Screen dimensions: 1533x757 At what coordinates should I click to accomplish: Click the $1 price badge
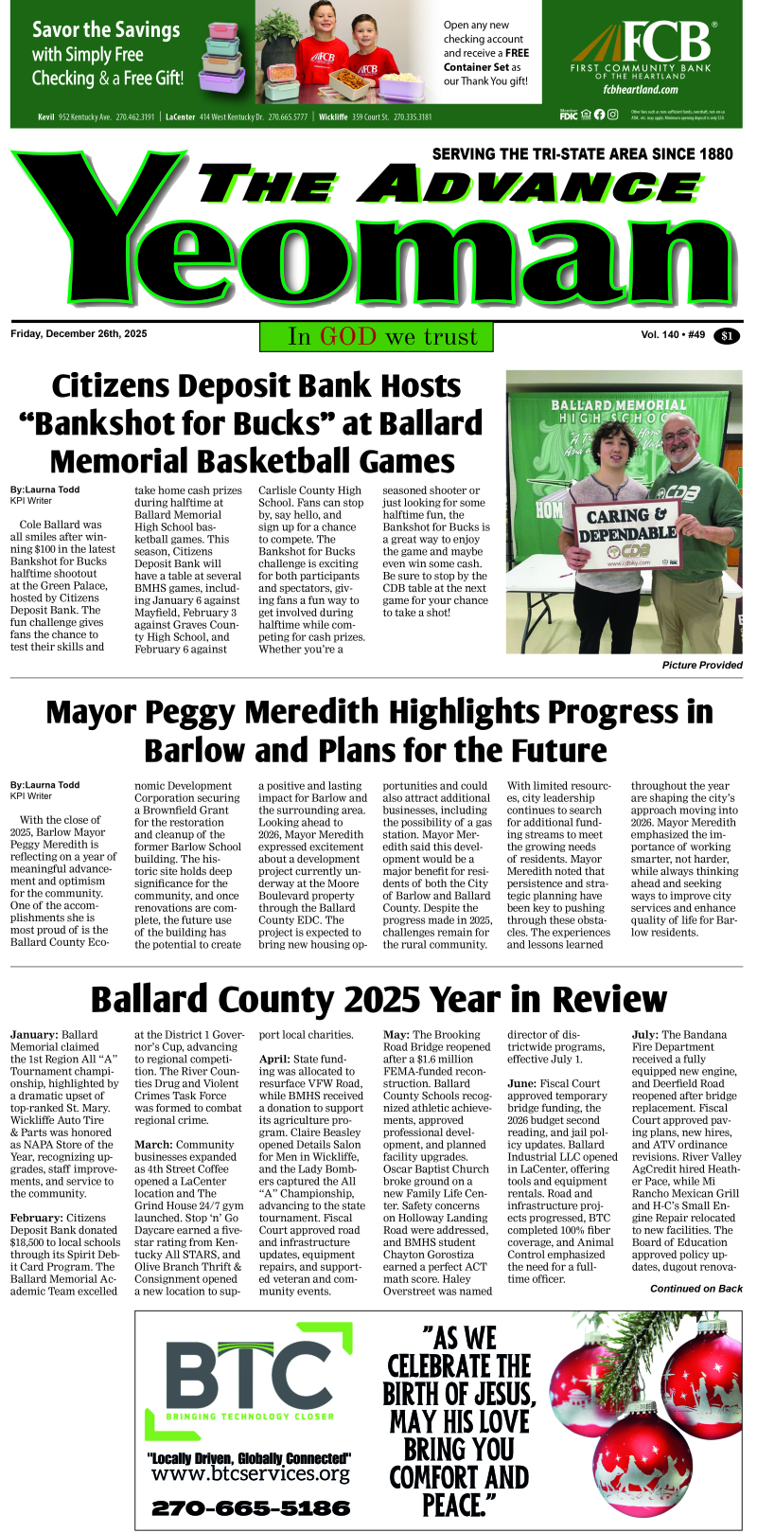pos(728,336)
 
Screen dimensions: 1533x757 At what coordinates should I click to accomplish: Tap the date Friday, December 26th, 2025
pos(79,334)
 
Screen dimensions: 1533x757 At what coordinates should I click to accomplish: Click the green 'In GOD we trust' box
pos(382,337)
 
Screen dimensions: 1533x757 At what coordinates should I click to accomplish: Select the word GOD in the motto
pos(348,337)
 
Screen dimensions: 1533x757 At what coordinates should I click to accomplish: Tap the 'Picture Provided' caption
pos(702,666)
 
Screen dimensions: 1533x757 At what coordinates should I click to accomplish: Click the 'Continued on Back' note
pos(695,1289)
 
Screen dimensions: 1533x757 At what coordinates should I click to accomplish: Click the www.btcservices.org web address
pos(250,1474)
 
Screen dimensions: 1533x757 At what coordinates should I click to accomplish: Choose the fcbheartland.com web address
pos(641,90)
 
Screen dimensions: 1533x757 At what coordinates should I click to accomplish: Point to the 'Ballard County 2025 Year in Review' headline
pos(378,1000)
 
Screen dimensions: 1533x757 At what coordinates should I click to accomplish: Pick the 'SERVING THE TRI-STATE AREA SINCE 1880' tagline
pos(582,153)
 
